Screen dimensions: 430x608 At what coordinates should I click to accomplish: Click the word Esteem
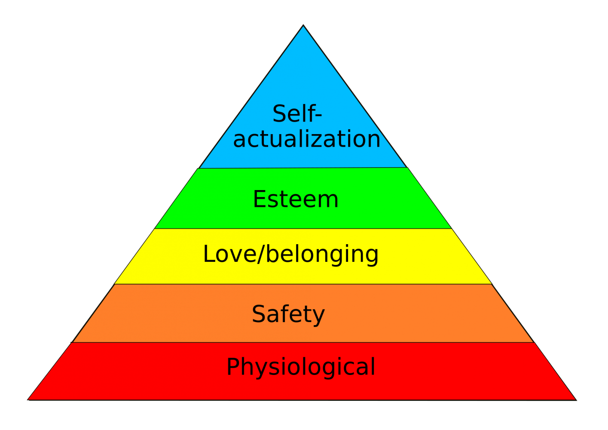click(x=296, y=200)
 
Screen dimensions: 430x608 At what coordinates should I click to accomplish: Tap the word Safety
click(x=288, y=314)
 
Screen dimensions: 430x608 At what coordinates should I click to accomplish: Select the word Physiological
click(x=301, y=367)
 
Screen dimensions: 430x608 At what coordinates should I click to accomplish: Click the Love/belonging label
click(x=290, y=254)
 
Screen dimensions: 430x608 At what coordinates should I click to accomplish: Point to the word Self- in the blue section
click(x=296, y=114)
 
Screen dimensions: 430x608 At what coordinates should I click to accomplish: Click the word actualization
click(x=306, y=139)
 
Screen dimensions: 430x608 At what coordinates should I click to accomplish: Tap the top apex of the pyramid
click(x=303, y=28)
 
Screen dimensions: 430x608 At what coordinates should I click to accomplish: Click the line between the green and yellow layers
click(x=303, y=228)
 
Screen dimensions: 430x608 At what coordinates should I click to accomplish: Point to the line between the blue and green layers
click(x=303, y=168)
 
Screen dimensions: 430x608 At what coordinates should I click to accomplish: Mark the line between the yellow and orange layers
click(x=303, y=284)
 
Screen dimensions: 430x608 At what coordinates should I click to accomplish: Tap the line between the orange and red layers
click(x=303, y=342)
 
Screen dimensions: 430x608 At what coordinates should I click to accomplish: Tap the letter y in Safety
click(x=318, y=316)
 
